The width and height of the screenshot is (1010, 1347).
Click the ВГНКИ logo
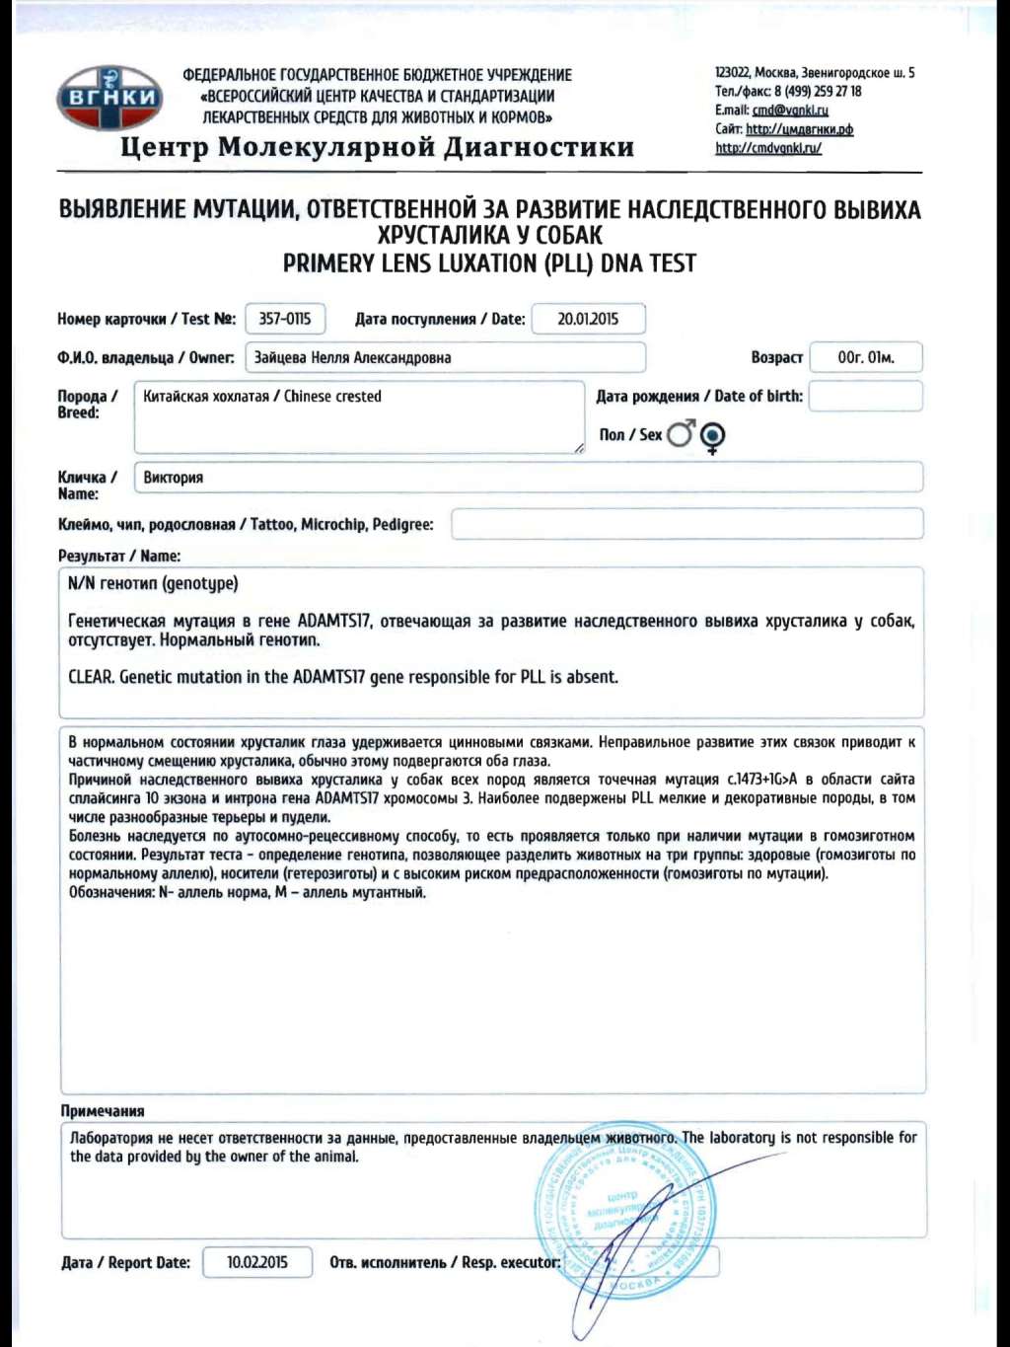[x=109, y=98]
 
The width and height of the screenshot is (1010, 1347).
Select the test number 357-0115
[x=284, y=319]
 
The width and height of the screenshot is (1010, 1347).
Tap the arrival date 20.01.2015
[x=588, y=319]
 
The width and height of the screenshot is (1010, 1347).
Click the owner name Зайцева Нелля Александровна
[x=352, y=357]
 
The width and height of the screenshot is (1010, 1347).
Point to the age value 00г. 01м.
[x=865, y=357]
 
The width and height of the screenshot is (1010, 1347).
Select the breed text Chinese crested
[x=332, y=397]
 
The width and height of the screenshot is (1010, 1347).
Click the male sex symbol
[x=681, y=433]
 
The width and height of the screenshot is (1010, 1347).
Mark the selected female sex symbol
[x=712, y=435]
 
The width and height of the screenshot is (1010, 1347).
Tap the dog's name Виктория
[x=174, y=478]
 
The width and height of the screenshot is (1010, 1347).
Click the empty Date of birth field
[x=865, y=396]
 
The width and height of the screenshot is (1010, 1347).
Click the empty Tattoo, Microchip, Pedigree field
[x=686, y=524]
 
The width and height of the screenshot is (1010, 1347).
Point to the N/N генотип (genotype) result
[x=153, y=583]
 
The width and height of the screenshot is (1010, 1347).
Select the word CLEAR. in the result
[x=91, y=677]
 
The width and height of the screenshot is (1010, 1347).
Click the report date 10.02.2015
[x=257, y=1262]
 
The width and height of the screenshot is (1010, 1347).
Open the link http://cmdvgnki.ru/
[x=768, y=148]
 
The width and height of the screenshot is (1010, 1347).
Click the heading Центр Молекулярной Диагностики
[x=377, y=147]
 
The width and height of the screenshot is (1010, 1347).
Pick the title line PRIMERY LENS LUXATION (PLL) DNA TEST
[x=489, y=263]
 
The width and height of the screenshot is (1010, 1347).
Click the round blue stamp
[x=621, y=1214]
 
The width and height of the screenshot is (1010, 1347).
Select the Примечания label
[x=103, y=1111]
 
